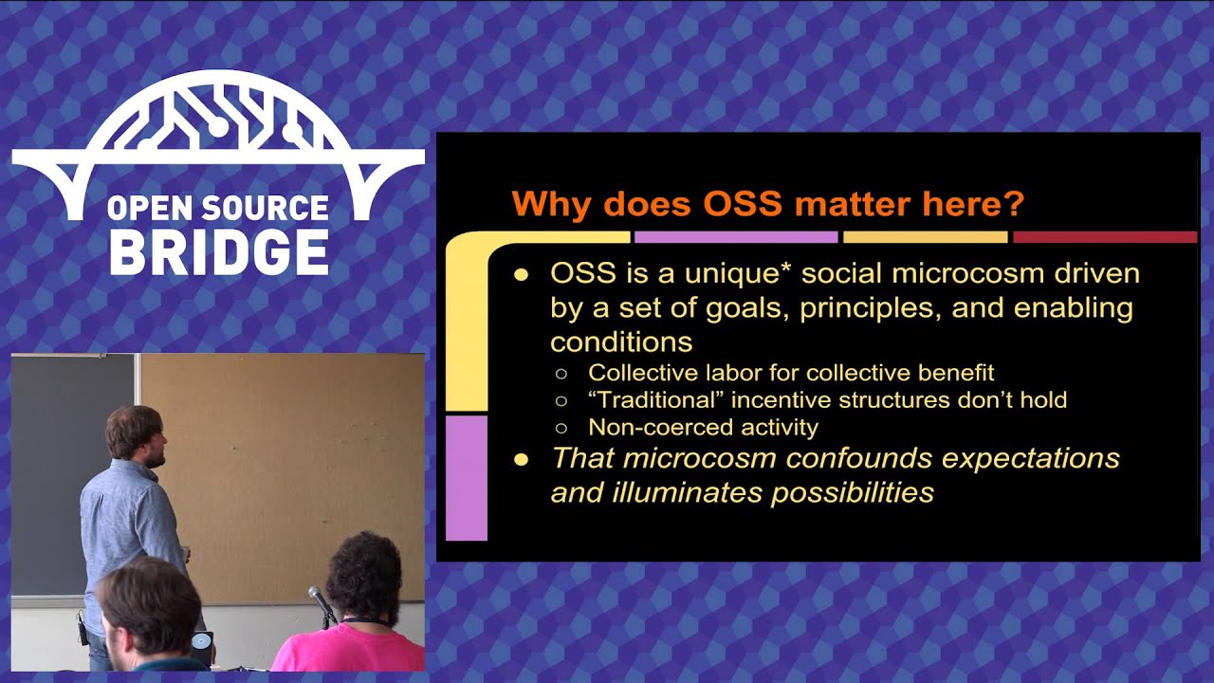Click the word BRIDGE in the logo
(x=219, y=252)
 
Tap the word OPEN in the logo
(x=142, y=208)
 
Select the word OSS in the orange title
(x=743, y=204)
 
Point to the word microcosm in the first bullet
(x=968, y=273)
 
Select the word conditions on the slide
(x=621, y=342)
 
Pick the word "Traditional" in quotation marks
(x=657, y=400)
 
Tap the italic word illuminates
(x=688, y=492)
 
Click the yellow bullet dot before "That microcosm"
(x=522, y=460)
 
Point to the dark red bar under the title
(x=1105, y=237)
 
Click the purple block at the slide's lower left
(x=466, y=478)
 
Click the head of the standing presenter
(x=136, y=435)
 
